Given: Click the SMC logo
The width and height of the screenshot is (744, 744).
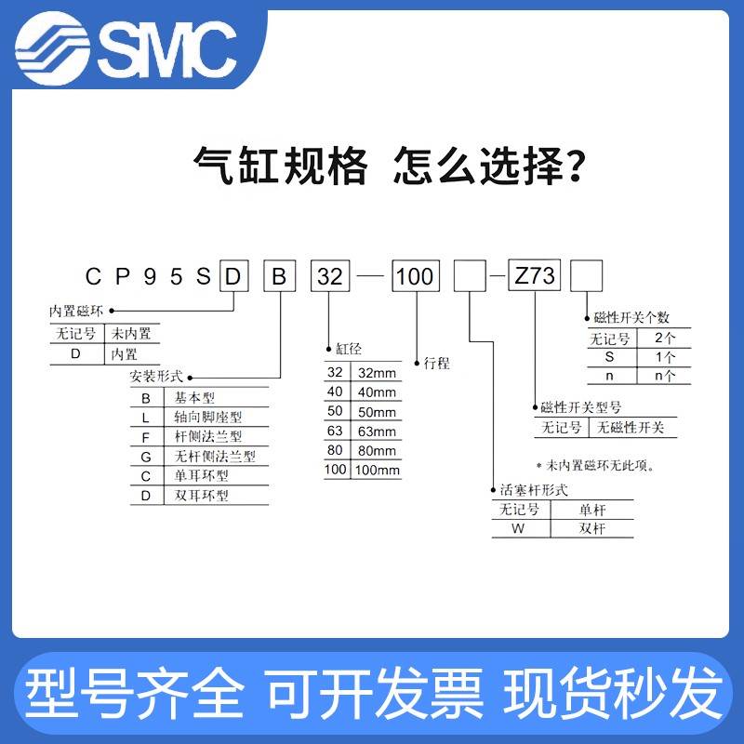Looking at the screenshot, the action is click(x=130, y=44).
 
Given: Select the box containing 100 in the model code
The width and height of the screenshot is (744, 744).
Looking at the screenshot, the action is click(x=415, y=276).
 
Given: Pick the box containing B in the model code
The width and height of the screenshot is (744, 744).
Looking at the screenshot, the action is click(x=280, y=276).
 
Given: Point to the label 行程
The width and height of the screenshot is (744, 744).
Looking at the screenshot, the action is click(x=436, y=363).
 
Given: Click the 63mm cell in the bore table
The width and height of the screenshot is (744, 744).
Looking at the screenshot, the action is click(x=376, y=431).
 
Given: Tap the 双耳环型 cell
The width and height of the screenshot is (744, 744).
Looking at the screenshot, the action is click(x=202, y=495).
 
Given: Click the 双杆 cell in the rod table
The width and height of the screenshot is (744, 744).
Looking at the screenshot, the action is click(x=591, y=528).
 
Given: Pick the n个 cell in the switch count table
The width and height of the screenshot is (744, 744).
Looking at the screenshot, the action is click(x=666, y=376).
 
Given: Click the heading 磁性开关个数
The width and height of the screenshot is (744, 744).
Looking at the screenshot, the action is click(x=631, y=318).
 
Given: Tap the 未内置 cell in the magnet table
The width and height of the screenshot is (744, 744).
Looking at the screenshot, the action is click(x=131, y=334).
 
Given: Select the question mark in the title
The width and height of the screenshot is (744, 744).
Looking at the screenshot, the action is click(x=577, y=167).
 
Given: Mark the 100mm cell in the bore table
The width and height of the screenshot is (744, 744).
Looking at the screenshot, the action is click(x=376, y=470).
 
